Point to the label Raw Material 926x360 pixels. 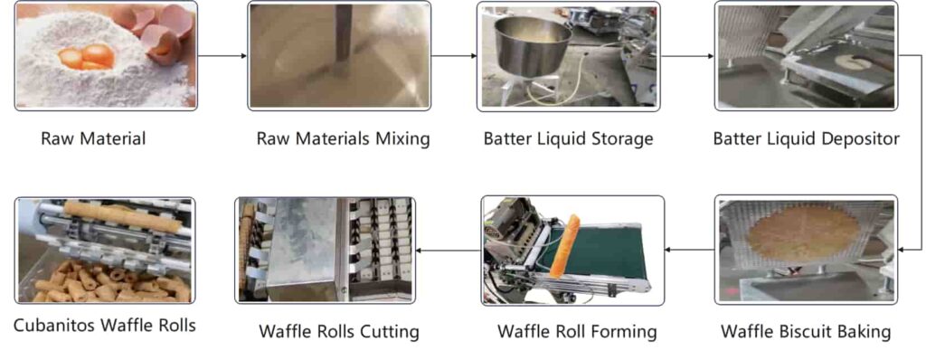[93, 139]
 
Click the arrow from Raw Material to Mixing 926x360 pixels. [222, 56]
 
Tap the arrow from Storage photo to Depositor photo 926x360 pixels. [687, 56]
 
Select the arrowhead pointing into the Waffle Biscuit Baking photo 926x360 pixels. [902, 250]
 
